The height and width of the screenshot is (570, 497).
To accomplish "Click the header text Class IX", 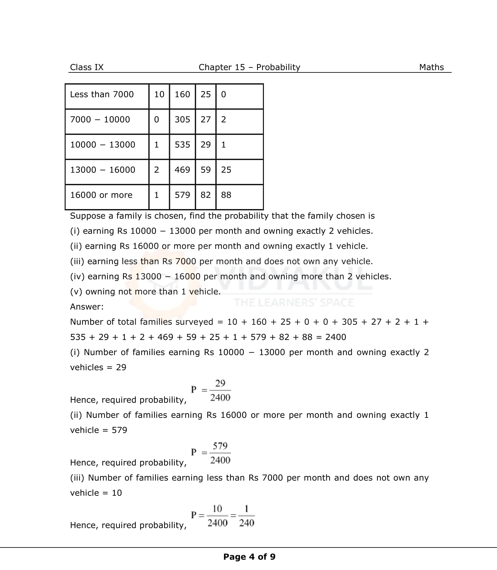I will click(86, 67).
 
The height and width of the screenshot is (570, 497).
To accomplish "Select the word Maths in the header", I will click(431, 67).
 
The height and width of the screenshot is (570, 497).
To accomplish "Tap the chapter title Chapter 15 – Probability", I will click(249, 67).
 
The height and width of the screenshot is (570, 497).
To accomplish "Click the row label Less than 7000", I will click(102, 94).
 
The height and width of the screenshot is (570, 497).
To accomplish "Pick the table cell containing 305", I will click(182, 120).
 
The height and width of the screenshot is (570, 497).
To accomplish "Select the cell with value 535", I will click(182, 145).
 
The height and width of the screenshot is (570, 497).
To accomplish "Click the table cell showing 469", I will click(182, 170).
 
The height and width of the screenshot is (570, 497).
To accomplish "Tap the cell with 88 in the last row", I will click(226, 195).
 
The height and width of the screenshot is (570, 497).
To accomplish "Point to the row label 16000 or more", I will click(101, 195).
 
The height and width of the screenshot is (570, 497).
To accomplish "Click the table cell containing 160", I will click(182, 94).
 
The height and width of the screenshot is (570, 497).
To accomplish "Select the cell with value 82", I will click(206, 195).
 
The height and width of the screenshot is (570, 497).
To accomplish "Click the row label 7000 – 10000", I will click(100, 120).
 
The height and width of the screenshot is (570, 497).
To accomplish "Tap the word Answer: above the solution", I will click(87, 307).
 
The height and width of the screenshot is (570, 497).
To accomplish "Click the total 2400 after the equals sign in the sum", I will click(335, 337).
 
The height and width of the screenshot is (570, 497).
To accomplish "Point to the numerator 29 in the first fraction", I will click(220, 383).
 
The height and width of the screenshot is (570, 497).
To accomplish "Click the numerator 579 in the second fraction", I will click(220, 446).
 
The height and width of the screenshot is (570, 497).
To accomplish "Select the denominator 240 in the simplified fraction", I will click(247, 523).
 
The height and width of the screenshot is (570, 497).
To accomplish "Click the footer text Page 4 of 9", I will click(249, 557).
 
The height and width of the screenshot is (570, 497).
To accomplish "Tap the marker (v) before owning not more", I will click(76, 292).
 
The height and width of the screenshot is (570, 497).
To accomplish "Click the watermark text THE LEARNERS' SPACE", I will click(294, 303).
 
